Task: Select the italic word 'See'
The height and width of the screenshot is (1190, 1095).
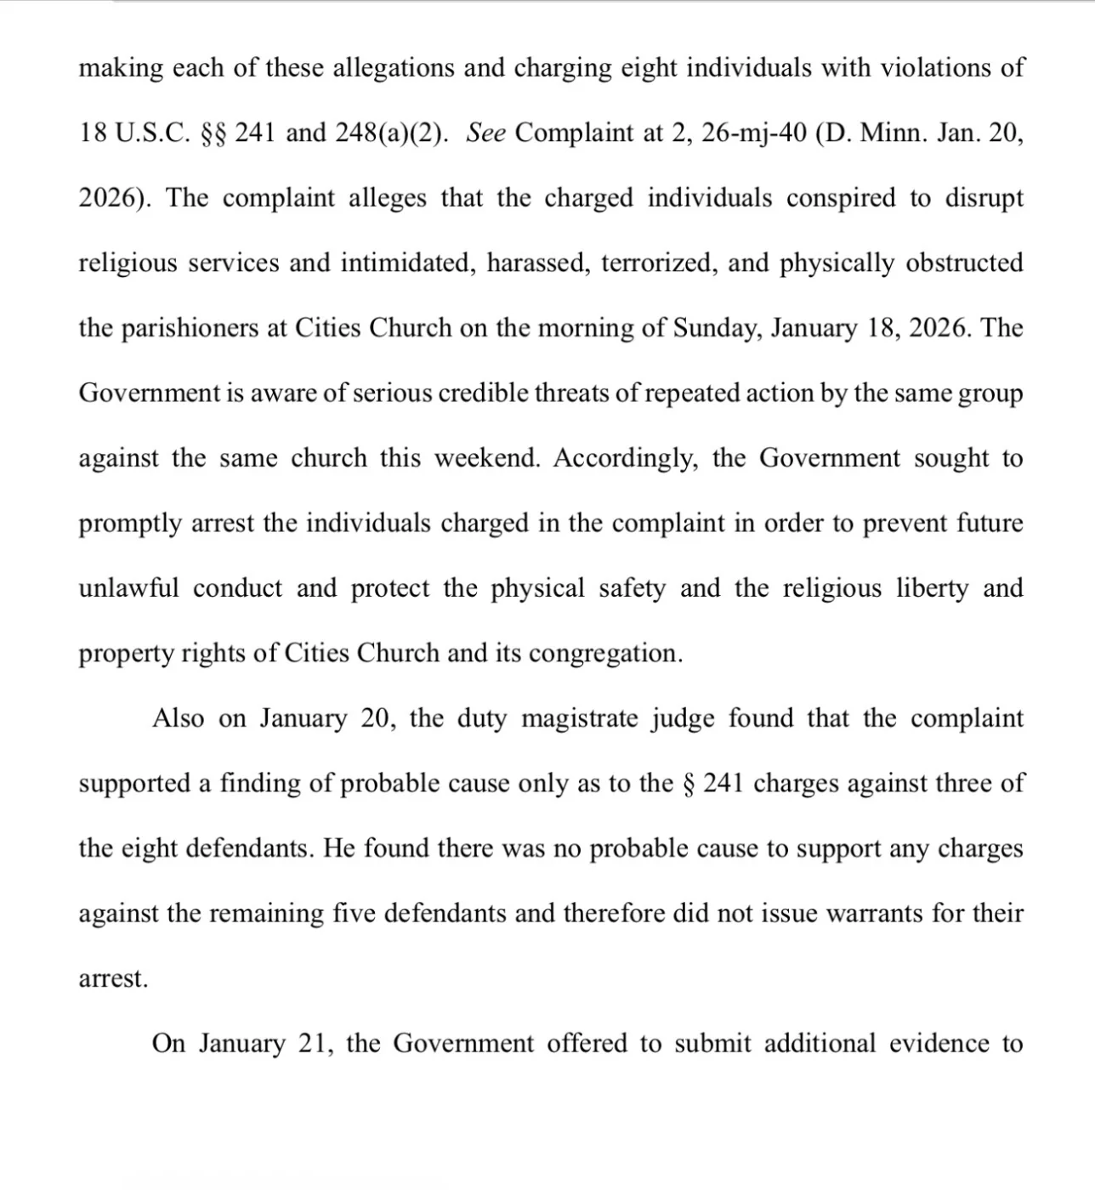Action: click(486, 133)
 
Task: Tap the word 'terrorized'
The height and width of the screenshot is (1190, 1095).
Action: click(656, 263)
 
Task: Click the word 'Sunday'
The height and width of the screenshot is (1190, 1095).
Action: click(715, 329)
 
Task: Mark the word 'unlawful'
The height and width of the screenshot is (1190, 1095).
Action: click(129, 588)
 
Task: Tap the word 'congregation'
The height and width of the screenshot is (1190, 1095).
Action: click(605, 654)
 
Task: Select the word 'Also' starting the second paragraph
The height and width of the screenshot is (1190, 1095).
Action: click(179, 718)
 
